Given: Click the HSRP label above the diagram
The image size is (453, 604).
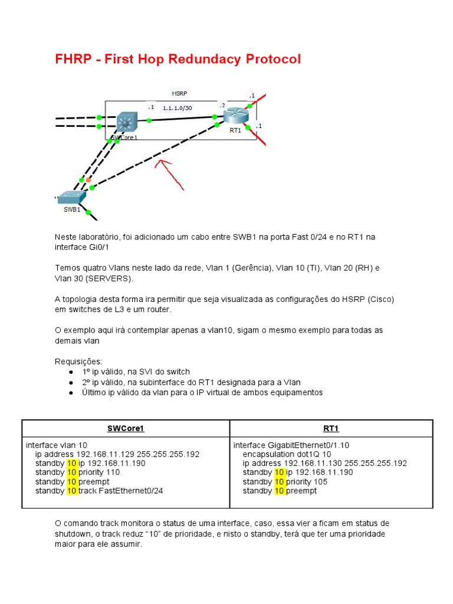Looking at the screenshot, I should (180, 93).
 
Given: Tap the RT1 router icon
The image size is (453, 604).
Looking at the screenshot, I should (236, 115).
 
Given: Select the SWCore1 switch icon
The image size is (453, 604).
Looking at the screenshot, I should (125, 122).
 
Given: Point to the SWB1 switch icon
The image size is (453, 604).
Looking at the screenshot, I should (72, 197).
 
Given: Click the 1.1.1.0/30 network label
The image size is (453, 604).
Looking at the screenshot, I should (177, 108).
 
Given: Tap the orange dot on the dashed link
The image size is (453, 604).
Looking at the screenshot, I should (88, 179).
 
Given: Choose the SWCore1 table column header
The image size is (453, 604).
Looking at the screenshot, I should (126, 429).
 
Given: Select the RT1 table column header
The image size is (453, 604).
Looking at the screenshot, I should (331, 429).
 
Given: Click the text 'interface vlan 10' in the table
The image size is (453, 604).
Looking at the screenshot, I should (57, 445).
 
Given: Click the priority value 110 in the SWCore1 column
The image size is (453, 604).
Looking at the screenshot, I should (113, 472).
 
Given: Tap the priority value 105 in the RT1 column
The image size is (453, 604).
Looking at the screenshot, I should (320, 481).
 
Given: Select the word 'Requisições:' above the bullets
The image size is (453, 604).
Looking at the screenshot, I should (78, 361).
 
